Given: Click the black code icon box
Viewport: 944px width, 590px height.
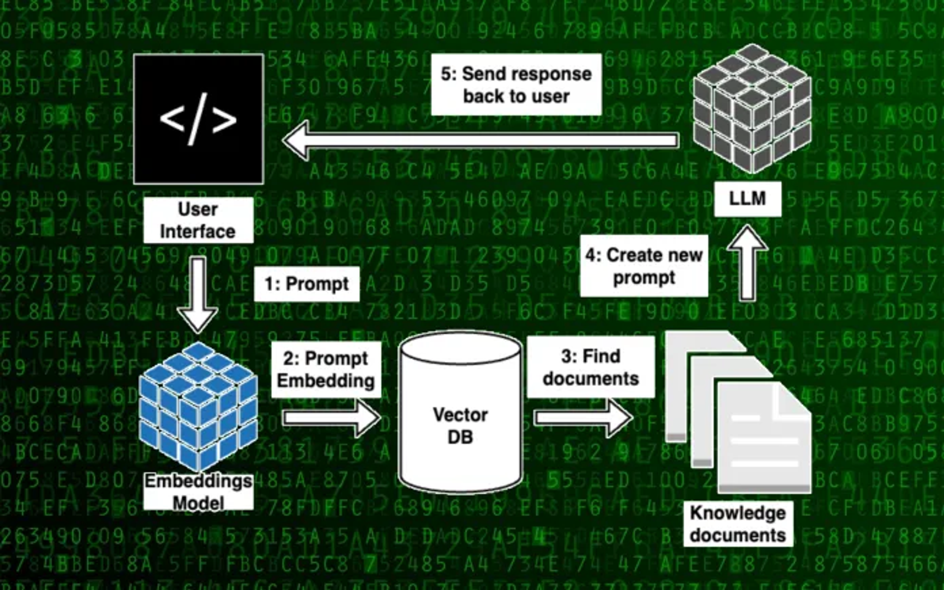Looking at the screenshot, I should (x=198, y=119).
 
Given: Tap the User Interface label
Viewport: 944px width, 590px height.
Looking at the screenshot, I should (x=198, y=220).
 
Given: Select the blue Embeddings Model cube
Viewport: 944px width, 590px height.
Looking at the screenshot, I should (x=198, y=406).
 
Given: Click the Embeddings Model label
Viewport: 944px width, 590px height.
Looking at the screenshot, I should (x=198, y=492).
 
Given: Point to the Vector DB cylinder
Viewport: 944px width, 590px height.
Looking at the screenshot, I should (x=460, y=411).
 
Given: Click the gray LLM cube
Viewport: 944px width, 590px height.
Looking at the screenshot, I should (x=752, y=109).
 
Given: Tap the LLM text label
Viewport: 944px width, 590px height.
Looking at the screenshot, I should (x=747, y=199).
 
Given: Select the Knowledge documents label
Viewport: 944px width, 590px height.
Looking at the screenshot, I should (x=738, y=524).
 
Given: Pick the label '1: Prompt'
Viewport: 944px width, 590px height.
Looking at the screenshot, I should (x=307, y=284).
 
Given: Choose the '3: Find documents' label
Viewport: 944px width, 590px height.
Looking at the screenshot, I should (x=590, y=367).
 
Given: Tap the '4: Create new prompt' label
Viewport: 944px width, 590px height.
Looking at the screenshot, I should (x=644, y=266).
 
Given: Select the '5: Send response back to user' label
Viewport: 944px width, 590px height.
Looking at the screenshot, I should (x=516, y=85).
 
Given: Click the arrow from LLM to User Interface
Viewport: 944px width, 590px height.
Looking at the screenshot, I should (x=481, y=141).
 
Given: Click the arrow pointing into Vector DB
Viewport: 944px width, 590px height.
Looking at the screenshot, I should (x=330, y=417).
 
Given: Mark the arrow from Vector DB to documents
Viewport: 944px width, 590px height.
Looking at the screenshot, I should (x=583, y=417).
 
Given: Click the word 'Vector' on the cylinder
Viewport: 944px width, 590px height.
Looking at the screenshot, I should (x=460, y=415).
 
